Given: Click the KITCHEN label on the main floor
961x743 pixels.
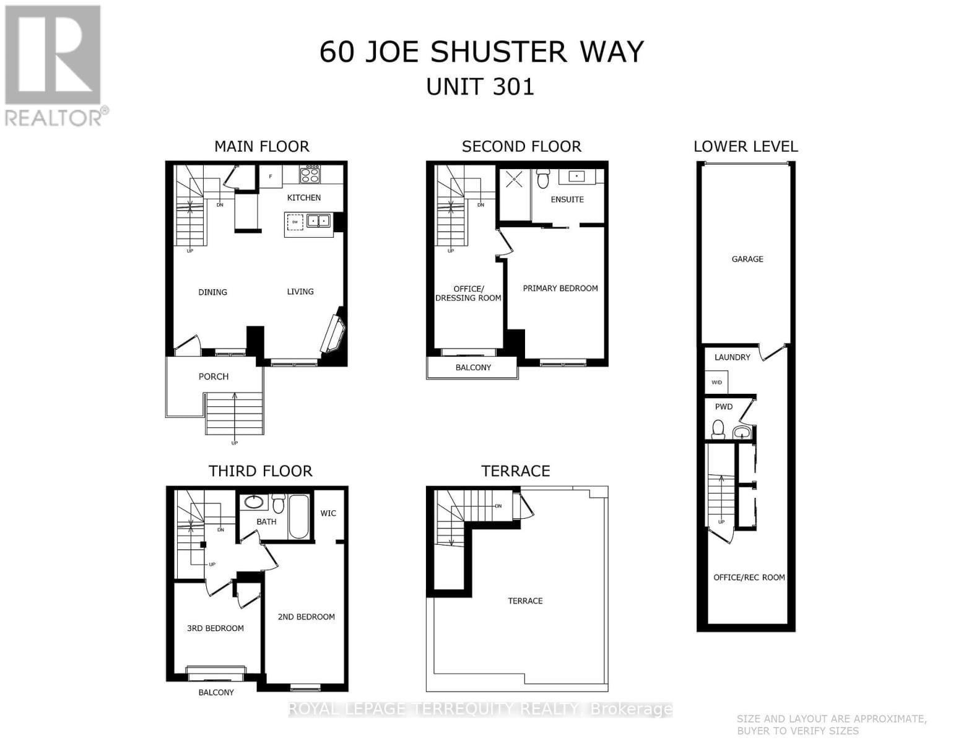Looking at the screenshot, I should [303, 198].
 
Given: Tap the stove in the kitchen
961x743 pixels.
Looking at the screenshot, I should [310, 174].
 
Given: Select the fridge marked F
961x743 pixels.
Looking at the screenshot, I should [271, 176].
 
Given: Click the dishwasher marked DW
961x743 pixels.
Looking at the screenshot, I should [295, 222].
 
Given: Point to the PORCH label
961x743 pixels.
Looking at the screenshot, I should [213, 376].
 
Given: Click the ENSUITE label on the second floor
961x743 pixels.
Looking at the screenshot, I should [567, 199].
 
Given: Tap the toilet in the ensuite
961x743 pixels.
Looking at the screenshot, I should [543, 178].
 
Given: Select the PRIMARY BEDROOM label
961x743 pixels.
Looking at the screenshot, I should [560, 289].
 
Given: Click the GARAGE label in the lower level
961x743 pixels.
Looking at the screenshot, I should [747, 259].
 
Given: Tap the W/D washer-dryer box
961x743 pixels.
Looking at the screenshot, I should [717, 382].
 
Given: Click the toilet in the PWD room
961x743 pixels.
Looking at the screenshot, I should [718, 428].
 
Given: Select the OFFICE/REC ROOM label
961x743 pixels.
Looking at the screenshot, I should [749, 577].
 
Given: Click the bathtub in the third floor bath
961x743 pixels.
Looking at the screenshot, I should [298, 517].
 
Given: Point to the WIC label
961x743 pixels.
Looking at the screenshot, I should [328, 513].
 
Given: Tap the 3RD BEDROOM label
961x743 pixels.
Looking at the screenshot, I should [215, 628].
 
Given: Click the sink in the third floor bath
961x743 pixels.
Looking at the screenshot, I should [253, 502].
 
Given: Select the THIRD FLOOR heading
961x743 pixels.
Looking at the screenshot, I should [260, 471].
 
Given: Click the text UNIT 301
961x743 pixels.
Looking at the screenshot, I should [480, 87].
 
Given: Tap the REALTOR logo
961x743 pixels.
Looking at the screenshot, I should [54, 65].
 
